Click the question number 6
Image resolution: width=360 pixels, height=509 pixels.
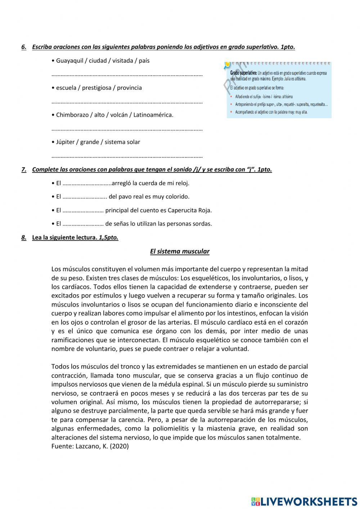tap(24, 47)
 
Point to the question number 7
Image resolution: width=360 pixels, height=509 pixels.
tap(24, 170)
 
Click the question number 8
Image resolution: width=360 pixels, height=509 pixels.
tap(24, 237)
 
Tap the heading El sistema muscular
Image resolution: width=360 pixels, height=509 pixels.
tap(180, 251)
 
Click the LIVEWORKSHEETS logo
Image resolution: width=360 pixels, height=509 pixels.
tap(304, 501)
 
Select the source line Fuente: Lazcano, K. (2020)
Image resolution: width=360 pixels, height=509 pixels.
tap(90, 446)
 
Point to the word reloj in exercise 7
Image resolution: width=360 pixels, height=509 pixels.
tap(182, 183)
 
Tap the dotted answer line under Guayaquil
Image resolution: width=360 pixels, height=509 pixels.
tap(127, 75)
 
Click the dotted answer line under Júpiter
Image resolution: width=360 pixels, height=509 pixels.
tap(127, 156)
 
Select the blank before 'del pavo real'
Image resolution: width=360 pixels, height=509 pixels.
tap(85, 197)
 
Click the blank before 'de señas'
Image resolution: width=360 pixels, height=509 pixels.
tap(83, 224)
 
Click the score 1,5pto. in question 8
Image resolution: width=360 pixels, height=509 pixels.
tap(108, 237)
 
